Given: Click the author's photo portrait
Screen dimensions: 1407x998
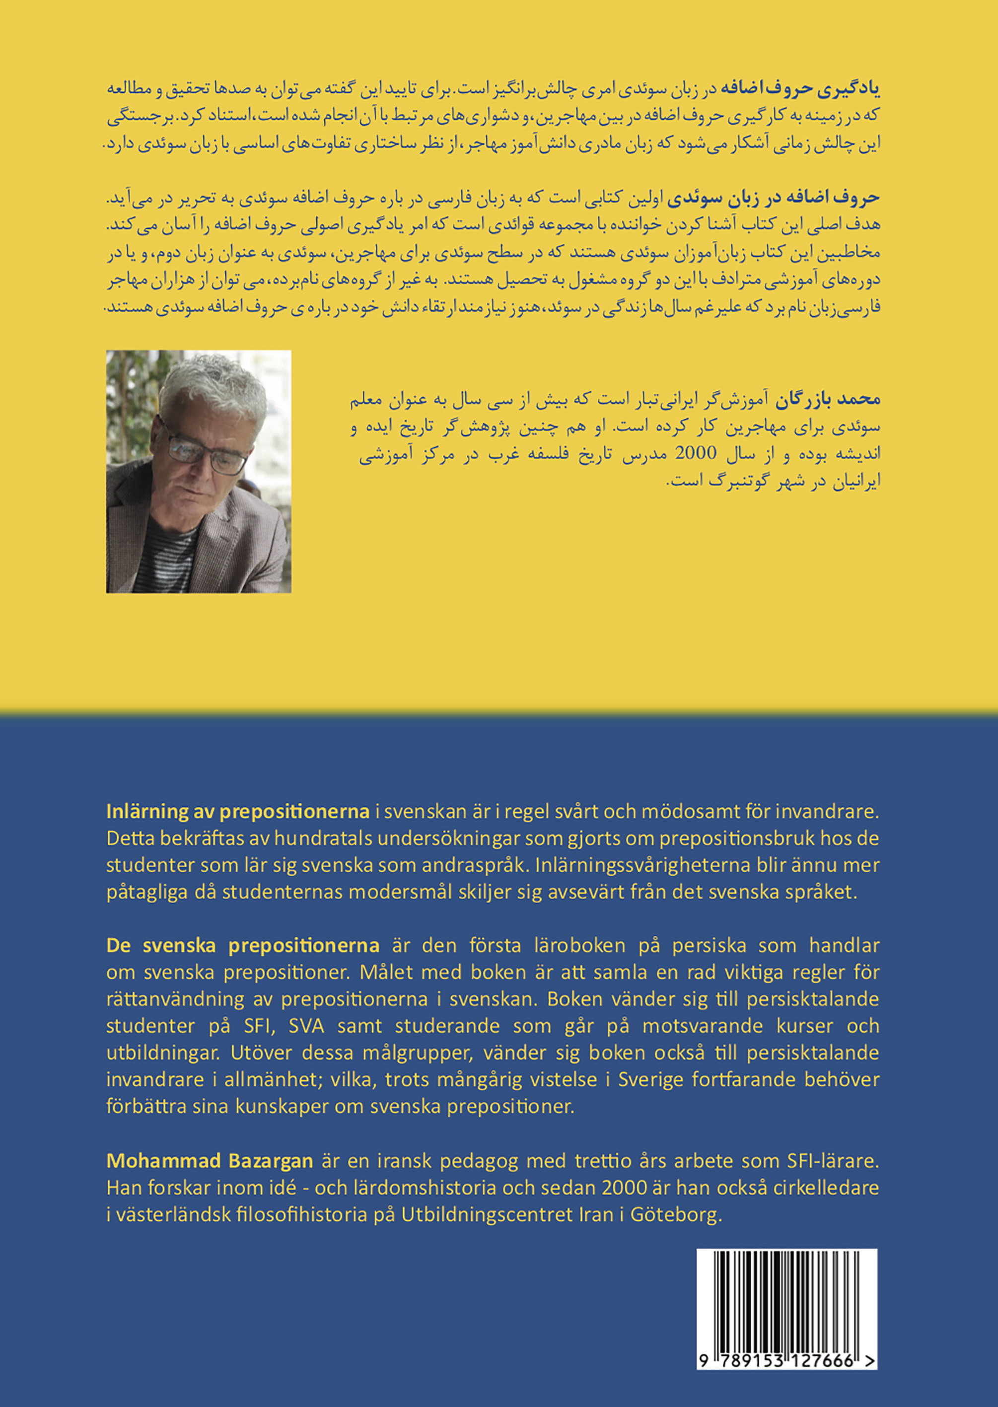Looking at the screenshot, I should (x=199, y=471).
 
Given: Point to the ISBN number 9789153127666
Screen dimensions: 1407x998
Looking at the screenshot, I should (x=781, y=1361).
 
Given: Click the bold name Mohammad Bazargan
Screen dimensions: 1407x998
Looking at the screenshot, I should (x=210, y=1161).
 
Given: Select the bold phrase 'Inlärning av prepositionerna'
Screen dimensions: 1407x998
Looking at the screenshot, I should (x=237, y=811).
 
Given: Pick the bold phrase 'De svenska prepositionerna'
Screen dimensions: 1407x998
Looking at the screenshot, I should (x=242, y=945).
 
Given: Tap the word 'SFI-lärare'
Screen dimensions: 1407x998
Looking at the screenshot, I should (x=833, y=1161).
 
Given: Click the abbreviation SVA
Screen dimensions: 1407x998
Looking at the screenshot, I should (x=305, y=1025).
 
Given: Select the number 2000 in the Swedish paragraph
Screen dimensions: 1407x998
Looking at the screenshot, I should (x=624, y=1188).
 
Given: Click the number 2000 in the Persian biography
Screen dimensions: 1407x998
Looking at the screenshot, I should (x=696, y=453).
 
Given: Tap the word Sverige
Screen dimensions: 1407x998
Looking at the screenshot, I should (x=651, y=1079).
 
